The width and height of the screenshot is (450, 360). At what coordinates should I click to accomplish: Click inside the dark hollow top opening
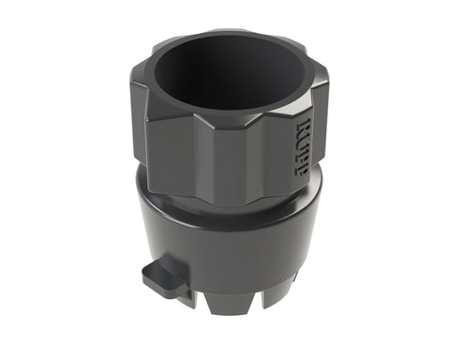225,75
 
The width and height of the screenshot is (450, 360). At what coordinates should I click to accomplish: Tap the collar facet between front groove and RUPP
272,150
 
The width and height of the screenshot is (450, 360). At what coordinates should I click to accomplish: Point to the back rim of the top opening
225,34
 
